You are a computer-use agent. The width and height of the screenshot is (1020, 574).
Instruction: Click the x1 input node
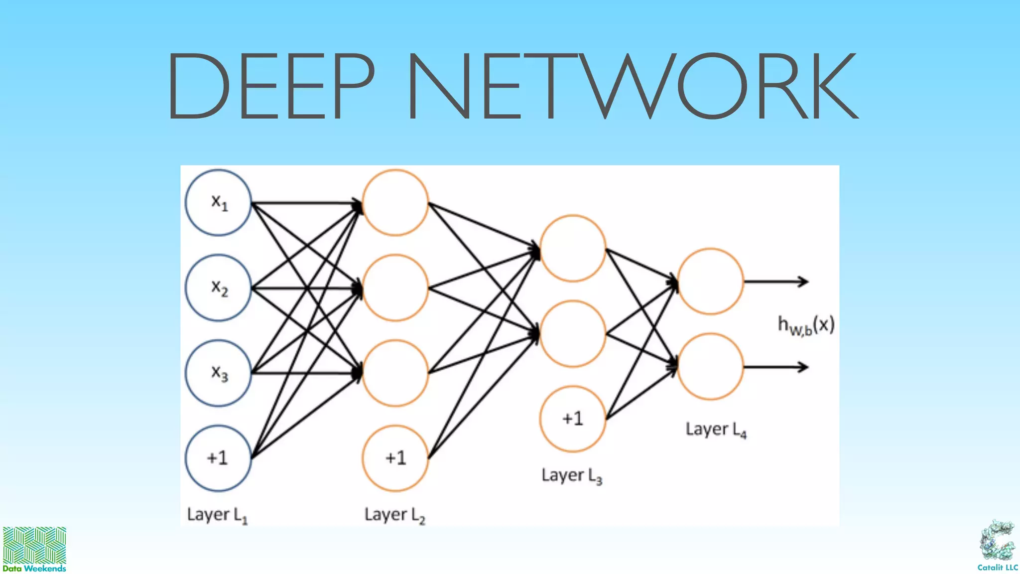218,202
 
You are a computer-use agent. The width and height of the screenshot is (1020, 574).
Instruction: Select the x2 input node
218,287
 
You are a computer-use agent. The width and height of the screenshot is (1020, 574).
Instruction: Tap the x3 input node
218,373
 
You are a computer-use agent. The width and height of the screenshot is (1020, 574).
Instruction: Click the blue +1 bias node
218,458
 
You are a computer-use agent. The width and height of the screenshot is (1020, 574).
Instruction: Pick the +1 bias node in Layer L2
395,458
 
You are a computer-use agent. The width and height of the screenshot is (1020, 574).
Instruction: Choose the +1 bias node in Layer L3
573,419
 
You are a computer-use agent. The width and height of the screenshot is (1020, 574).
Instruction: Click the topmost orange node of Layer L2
395,202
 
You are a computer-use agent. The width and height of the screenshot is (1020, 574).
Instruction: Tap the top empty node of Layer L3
573,248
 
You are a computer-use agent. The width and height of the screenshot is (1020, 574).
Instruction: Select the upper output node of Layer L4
711,282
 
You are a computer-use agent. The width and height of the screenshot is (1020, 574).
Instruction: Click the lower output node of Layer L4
711,367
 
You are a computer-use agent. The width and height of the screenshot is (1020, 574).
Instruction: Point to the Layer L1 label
217,515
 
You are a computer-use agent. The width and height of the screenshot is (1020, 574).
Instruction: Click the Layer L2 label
394,515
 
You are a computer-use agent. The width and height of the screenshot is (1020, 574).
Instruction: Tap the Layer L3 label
572,475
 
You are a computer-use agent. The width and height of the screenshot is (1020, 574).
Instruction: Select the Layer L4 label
716,429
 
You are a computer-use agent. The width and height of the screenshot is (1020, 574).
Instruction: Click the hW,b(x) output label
806,325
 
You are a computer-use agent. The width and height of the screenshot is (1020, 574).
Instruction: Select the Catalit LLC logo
997,546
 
